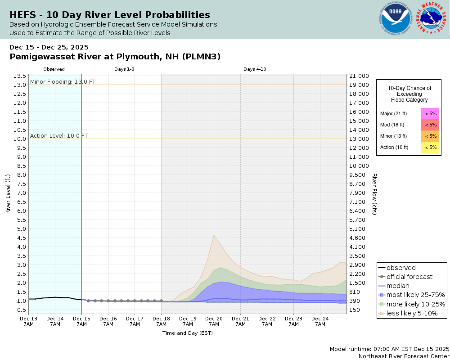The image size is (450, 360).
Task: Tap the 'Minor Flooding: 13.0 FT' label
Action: [63, 81]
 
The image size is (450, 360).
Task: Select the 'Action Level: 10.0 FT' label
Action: [59, 135]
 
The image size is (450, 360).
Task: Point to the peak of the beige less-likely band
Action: [214, 235]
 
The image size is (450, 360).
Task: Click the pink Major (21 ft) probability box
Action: [430, 113]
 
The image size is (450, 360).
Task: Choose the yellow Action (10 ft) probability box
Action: [430, 147]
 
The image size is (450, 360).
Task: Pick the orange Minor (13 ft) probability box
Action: [430, 136]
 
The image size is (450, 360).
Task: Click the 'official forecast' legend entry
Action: [409, 277]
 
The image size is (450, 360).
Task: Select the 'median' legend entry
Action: [398, 286]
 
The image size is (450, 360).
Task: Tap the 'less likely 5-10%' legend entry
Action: [412, 313]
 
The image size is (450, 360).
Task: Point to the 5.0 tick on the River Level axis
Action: [20, 229]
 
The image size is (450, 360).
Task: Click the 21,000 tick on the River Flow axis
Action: [359, 76]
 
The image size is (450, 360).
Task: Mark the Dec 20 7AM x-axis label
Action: [214, 321]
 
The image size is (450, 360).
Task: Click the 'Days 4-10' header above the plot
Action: [255, 69]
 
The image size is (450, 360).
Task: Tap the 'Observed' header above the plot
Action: [54, 69]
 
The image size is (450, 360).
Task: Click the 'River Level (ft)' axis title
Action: [8, 193]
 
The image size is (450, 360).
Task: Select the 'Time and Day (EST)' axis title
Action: [187, 333]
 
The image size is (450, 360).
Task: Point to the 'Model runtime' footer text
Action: [389, 349]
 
